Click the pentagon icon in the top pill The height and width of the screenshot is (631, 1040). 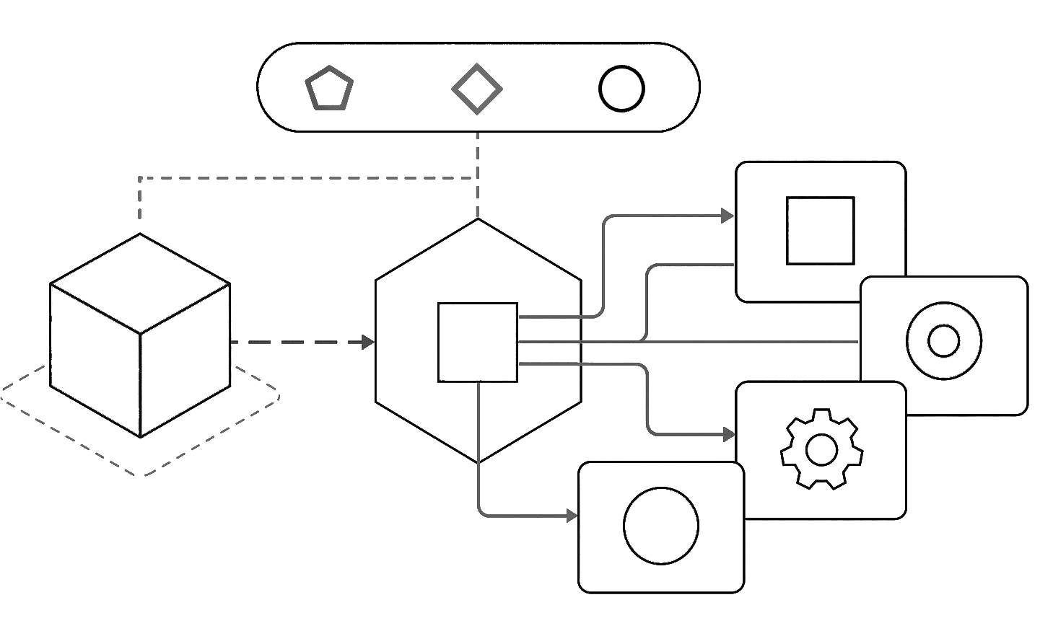pyautogui.click(x=329, y=89)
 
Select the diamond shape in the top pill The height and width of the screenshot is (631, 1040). pyautogui.click(x=477, y=89)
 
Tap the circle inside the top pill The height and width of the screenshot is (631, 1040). pyautogui.click(x=621, y=89)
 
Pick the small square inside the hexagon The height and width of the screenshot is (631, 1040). pyautogui.click(x=478, y=343)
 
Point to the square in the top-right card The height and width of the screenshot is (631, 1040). pyautogui.click(x=820, y=231)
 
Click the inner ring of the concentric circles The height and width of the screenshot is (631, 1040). pyautogui.click(x=944, y=341)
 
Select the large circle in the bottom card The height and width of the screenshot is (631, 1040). pyautogui.click(x=661, y=526)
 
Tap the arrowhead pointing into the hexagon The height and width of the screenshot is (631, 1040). pyautogui.click(x=368, y=342)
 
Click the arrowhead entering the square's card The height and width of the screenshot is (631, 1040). pyautogui.click(x=727, y=216)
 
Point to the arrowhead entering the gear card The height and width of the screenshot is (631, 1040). pyautogui.click(x=728, y=435)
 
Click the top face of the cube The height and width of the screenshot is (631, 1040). pyautogui.click(x=140, y=283)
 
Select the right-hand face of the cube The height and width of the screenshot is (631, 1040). pyautogui.click(x=185, y=361)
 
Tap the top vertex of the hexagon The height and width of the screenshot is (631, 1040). pyautogui.click(x=478, y=219)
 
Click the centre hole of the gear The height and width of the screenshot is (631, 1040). pyautogui.click(x=821, y=451)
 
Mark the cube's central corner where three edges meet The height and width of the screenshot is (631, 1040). pyautogui.click(x=140, y=334)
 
